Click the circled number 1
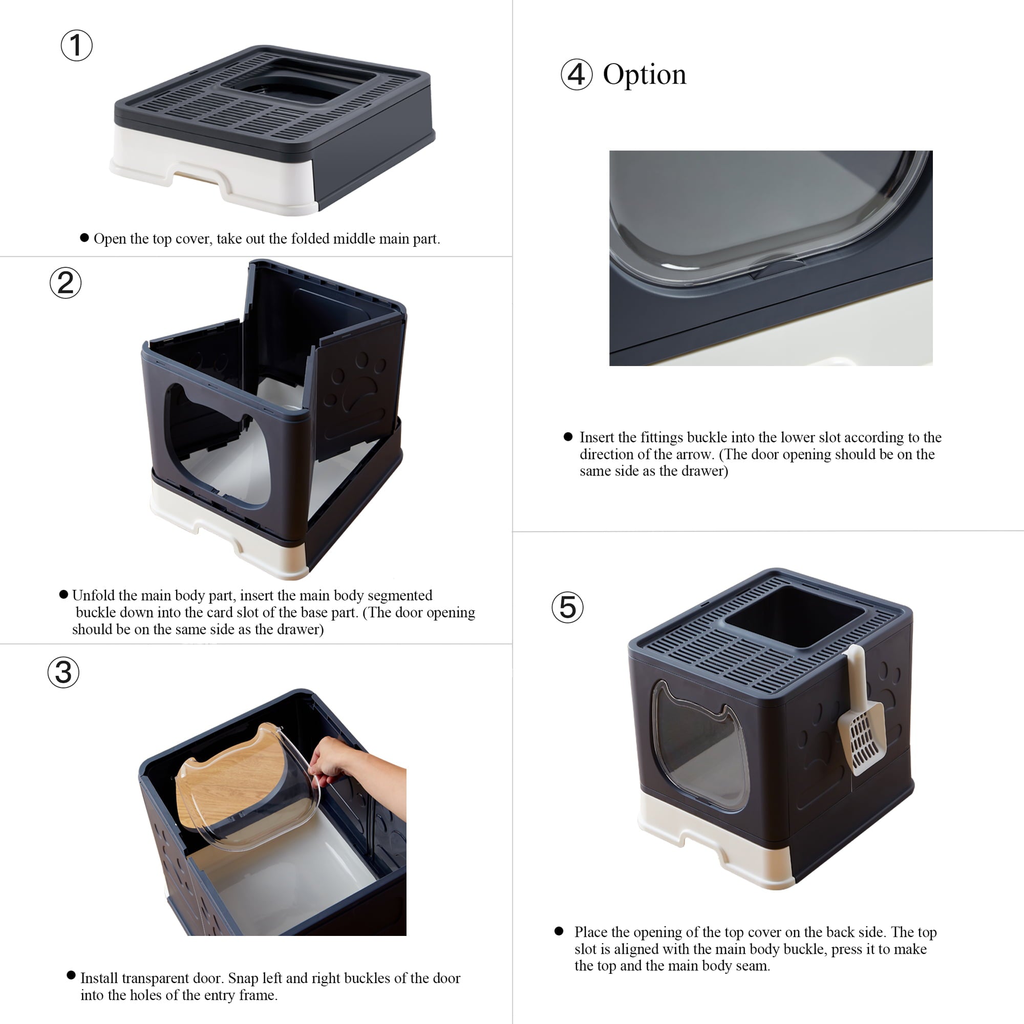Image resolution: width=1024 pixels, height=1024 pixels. pos(76,45)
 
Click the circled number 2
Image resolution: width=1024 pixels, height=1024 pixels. pos(65,283)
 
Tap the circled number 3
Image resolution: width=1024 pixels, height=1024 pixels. pos(63,673)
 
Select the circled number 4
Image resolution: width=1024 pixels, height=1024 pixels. pos(576,75)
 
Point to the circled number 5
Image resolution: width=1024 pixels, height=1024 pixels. pos(567,607)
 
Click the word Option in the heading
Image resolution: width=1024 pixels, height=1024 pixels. pos(644,75)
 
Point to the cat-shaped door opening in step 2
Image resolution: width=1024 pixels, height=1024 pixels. pos(217,451)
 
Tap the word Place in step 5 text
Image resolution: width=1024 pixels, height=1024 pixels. pos(591,932)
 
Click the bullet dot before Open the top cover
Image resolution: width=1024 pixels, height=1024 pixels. pos(84,238)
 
